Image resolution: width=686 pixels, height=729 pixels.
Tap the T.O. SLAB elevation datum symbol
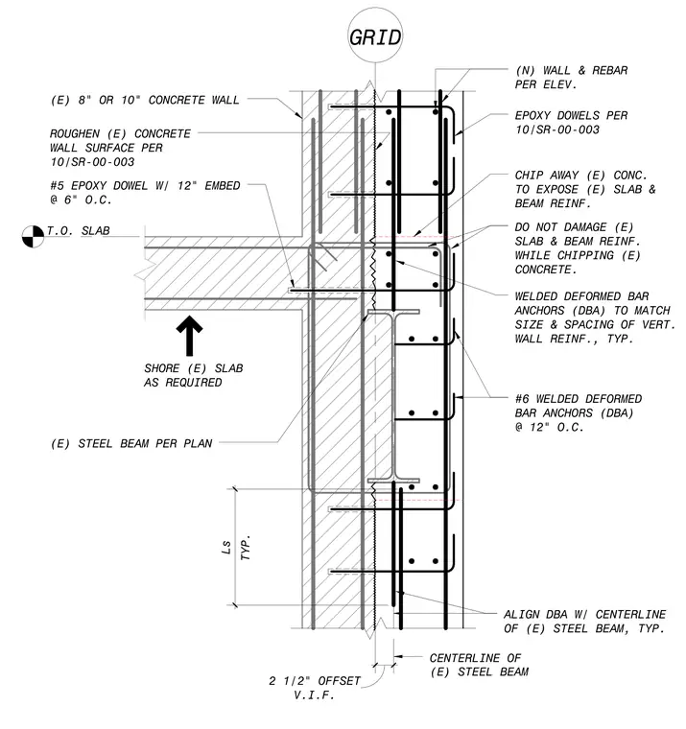(33, 236)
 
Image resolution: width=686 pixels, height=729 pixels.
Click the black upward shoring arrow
(189, 336)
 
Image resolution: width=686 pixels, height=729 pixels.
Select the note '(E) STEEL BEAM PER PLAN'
(131, 443)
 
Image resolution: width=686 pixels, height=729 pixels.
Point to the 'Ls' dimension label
(226, 547)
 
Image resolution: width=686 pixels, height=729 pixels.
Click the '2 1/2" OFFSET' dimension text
(315, 681)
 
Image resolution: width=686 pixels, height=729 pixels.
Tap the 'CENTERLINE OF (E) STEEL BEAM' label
(479, 665)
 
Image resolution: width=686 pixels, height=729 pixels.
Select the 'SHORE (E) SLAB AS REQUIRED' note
(194, 375)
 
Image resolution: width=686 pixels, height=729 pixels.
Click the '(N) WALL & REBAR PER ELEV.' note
(571, 77)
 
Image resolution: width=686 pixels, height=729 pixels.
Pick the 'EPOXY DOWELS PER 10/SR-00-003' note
(571, 122)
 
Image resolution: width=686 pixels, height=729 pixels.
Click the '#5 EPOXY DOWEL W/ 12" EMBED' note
(145, 193)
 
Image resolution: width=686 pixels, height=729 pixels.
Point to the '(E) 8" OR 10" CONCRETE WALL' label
(145, 100)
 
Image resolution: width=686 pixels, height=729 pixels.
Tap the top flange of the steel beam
(393, 312)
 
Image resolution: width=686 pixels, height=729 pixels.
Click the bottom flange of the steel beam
(393, 481)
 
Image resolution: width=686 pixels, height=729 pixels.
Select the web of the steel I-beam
(393, 396)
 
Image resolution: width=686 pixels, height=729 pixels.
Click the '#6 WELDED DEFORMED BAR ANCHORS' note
(579, 412)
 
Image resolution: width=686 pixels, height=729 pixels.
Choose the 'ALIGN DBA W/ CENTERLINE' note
(585, 622)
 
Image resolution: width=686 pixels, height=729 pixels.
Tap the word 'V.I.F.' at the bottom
(315, 695)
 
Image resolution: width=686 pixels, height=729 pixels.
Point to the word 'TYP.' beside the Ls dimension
(246, 547)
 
